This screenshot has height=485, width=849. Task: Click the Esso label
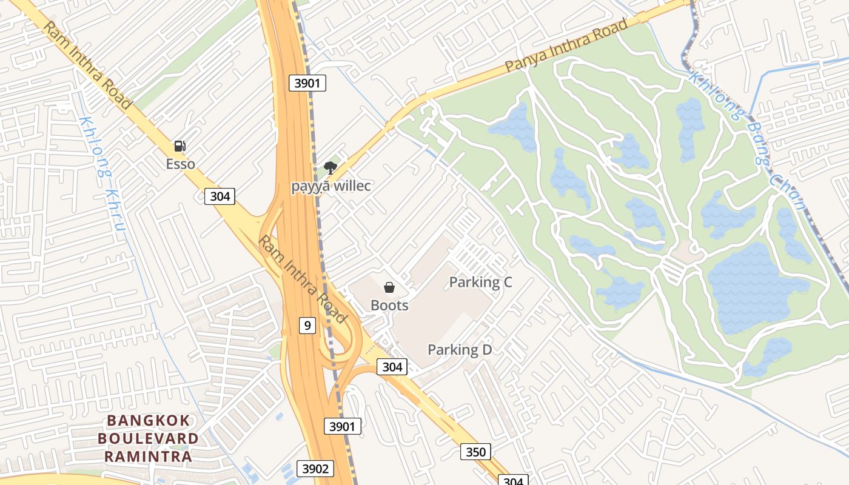point(181,164)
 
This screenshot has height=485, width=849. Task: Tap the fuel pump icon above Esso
point(180,146)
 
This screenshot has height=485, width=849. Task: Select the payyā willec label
point(331,186)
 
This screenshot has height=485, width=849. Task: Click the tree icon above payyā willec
point(330,167)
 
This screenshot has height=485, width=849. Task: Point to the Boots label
point(389,305)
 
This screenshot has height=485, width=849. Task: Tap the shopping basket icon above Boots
point(389,287)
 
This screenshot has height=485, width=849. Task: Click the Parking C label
point(480,282)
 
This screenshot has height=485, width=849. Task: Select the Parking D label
point(460,350)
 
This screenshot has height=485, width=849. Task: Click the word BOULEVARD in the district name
point(148,438)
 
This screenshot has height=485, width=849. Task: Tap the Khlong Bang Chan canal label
point(749,139)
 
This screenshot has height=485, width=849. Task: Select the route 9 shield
point(307,326)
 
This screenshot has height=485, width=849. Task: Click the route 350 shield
point(475,452)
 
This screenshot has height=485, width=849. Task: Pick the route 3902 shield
point(315,469)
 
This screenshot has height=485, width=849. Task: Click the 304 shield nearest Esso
point(220,196)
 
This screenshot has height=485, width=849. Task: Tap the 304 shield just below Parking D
point(392,367)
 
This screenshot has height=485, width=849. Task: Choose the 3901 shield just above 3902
point(342,426)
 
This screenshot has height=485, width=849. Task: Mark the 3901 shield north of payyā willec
point(307,83)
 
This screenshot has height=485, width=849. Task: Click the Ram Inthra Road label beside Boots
point(303,279)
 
